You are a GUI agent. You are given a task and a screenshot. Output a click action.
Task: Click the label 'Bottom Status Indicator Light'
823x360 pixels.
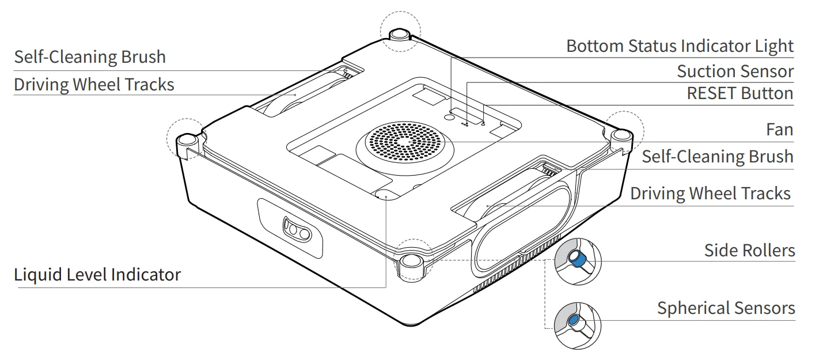[x=680, y=46]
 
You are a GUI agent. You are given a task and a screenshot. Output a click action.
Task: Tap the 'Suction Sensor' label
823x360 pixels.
[x=735, y=71]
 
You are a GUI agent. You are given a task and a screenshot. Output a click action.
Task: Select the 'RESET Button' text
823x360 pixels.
[x=739, y=93]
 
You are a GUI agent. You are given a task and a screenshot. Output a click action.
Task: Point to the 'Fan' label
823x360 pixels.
[x=779, y=130]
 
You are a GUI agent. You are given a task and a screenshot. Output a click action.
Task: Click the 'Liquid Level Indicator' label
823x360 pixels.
[x=97, y=275]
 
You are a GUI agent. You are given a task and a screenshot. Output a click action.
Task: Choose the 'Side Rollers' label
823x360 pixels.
[x=749, y=251]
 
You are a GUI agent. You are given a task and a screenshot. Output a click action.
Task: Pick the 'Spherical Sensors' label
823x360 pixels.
[x=726, y=308]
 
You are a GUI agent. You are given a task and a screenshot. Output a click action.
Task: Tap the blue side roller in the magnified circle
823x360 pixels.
[x=578, y=260]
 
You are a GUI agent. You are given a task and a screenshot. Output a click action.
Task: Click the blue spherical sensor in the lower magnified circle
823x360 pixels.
[x=574, y=321]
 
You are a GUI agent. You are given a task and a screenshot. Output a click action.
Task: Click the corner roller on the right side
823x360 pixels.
[x=620, y=136]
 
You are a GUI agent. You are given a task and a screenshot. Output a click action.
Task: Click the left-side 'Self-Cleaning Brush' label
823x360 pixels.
[x=90, y=57]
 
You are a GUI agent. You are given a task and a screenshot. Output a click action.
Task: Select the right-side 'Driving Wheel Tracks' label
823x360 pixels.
[x=710, y=194]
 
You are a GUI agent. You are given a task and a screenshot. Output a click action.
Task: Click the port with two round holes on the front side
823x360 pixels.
[x=297, y=231]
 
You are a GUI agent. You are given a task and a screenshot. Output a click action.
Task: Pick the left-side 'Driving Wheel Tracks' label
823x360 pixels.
[x=94, y=85]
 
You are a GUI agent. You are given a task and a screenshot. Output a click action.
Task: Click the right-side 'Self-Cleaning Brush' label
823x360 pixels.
[x=717, y=157]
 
